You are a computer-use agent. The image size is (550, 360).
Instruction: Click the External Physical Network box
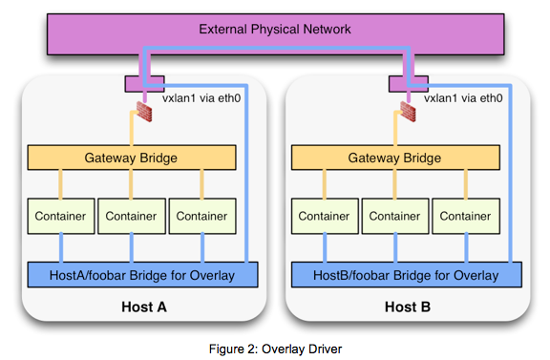coord(274,30)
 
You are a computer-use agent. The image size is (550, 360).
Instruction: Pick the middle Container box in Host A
coord(130,216)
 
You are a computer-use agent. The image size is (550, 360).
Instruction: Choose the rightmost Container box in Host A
coord(201,216)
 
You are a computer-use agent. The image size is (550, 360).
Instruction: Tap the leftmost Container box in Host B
coord(324,216)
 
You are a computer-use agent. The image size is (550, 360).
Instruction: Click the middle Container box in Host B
coord(394,216)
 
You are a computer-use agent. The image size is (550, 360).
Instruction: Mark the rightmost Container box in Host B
coord(465,216)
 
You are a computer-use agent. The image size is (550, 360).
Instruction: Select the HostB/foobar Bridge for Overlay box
coord(407,275)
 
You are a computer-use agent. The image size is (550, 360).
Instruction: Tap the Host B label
coord(406,307)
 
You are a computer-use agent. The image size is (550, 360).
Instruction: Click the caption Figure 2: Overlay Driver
coord(275,349)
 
